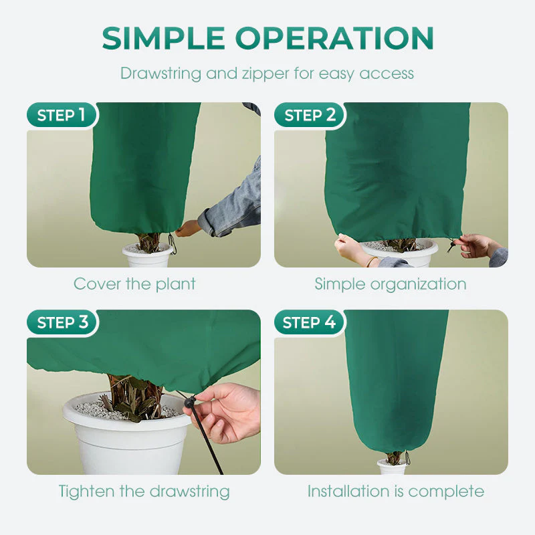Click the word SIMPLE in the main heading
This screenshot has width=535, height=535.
pyautogui.click(x=163, y=38)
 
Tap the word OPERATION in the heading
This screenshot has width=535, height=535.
pyautogui.click(x=334, y=38)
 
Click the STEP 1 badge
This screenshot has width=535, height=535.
pyautogui.click(x=62, y=115)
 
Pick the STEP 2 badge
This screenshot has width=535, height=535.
pyautogui.click(x=310, y=115)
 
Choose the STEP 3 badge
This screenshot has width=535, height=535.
pyautogui.click(x=62, y=322)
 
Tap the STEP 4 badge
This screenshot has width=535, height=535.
pyautogui.click(x=309, y=322)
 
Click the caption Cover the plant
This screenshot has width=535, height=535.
pyautogui.click(x=135, y=284)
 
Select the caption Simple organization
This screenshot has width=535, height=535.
pyautogui.click(x=391, y=284)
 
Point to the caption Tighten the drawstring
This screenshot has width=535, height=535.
pyautogui.click(x=144, y=492)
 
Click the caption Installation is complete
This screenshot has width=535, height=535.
pyautogui.click(x=396, y=492)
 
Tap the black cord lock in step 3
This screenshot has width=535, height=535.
pyautogui.click(x=190, y=403)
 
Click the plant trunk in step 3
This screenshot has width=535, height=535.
pyautogui.click(x=136, y=396)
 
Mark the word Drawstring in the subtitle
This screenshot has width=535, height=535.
pyautogui.click(x=161, y=74)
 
